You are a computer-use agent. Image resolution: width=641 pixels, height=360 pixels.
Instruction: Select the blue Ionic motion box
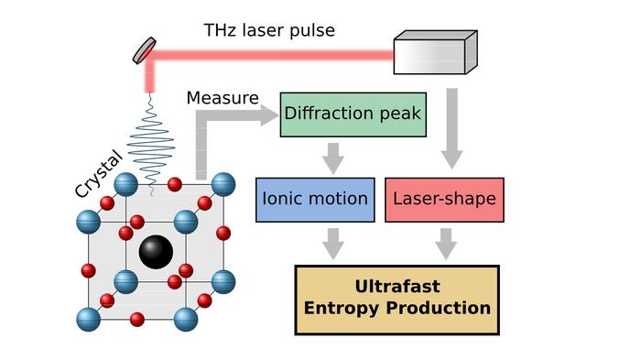click(315, 199)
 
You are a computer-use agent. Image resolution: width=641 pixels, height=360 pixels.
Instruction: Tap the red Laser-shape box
click(444, 199)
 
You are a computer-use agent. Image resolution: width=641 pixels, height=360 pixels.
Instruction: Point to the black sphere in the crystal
click(157, 252)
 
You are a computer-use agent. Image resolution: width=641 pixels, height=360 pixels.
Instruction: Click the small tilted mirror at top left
click(145, 51)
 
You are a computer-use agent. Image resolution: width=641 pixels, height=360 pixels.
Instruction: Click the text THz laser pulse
click(268, 30)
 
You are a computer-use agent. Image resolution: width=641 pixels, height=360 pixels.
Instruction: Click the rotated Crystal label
click(98, 169)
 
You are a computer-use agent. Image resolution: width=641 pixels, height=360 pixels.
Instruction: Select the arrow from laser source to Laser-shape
click(451, 128)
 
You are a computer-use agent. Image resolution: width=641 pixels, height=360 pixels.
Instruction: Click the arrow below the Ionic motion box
click(333, 242)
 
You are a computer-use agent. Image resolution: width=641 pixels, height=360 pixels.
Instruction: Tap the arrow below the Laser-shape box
click(446, 242)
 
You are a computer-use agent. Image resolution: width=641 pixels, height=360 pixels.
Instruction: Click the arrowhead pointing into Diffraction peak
click(267, 115)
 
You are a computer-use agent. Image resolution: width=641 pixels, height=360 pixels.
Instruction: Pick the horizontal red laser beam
click(275, 56)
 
